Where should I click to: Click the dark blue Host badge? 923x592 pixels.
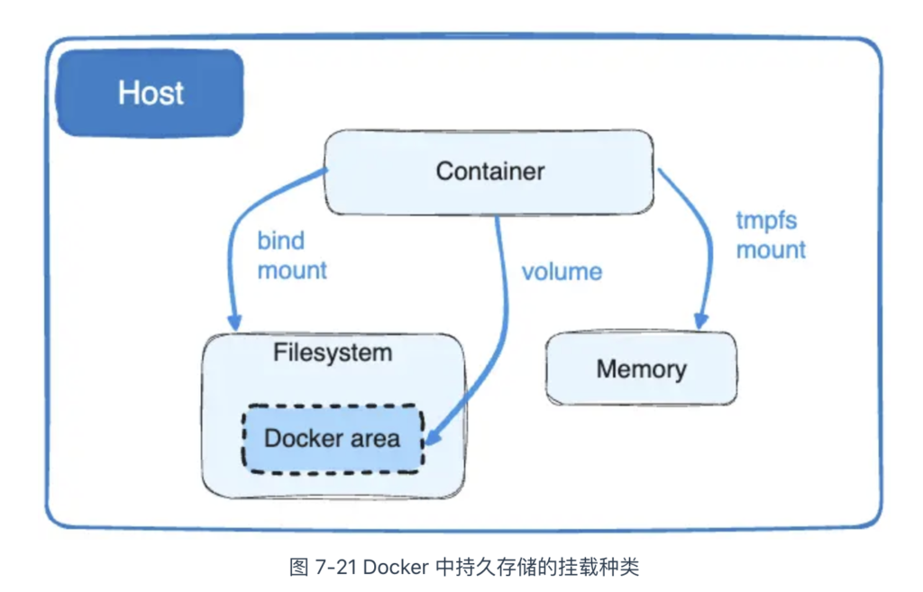coord(151,93)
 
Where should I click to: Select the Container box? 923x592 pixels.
coord(489,172)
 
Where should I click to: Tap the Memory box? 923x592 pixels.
coord(642,369)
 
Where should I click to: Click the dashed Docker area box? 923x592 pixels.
coord(333,439)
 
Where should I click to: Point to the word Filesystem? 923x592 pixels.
coord(333,352)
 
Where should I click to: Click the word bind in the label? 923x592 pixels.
coord(281,241)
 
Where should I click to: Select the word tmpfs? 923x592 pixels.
coord(766,222)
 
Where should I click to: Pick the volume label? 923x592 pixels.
coord(562,272)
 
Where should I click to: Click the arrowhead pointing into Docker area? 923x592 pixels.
coord(433,437)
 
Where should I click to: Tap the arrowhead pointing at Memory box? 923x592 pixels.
coord(700,321)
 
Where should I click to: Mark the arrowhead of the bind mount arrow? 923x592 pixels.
coord(235,322)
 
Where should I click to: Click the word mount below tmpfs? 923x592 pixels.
coord(771,250)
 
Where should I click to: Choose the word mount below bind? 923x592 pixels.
coord(292,270)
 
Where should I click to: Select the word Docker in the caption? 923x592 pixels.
coord(397,568)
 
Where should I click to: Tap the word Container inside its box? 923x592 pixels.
coord(489,171)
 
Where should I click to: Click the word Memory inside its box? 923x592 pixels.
coord(642,369)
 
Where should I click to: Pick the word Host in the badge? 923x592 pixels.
coord(151,93)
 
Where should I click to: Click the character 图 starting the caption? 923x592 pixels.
coord(299,568)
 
